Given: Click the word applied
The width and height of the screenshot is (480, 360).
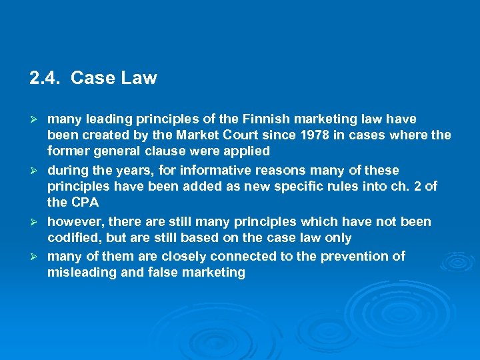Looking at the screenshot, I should [245, 151].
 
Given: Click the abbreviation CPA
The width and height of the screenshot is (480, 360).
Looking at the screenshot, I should [84, 203].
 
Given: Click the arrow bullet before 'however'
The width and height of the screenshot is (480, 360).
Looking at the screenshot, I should [37, 222].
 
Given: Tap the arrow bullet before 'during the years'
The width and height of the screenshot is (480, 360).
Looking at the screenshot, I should [37, 171].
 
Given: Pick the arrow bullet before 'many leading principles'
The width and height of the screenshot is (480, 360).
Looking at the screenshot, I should [37, 120].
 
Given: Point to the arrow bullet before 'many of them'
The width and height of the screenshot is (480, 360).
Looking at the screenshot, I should [37, 257].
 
